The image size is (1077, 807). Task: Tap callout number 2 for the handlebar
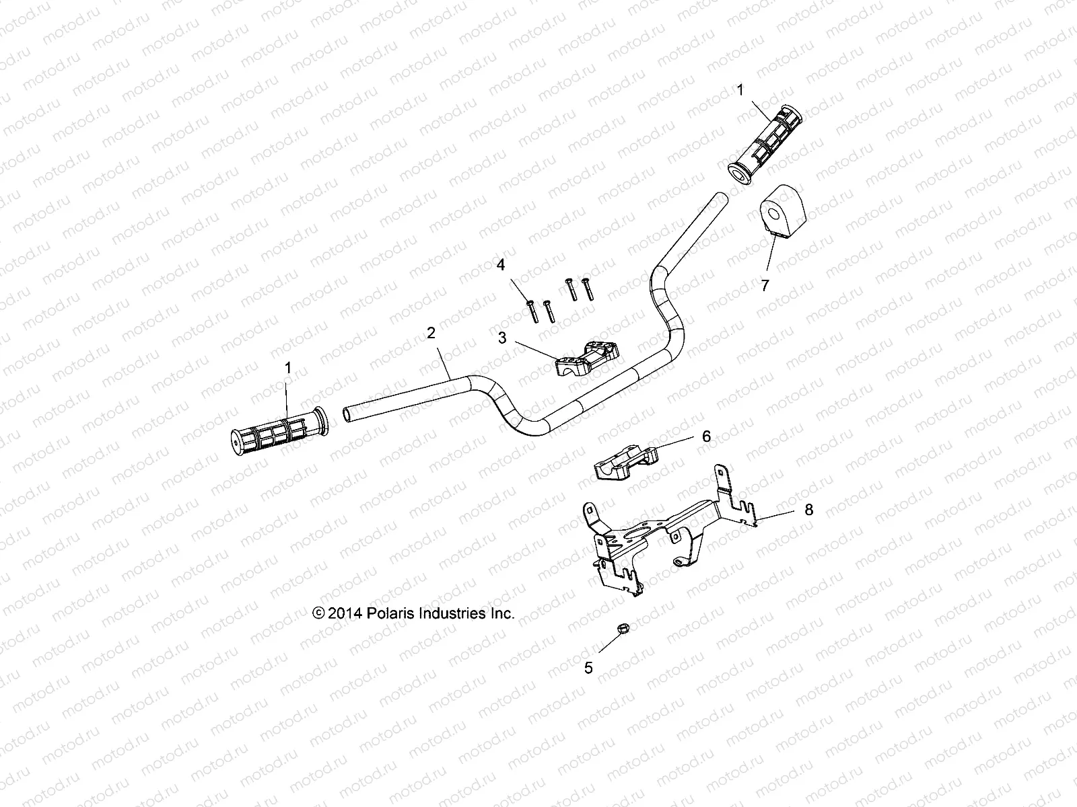click(x=431, y=333)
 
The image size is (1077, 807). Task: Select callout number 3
click(x=502, y=338)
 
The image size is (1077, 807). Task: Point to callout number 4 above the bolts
click(x=501, y=265)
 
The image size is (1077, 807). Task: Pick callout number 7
click(x=765, y=284)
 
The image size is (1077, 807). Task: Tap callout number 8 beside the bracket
click(x=790, y=510)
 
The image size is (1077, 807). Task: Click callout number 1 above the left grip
click(x=289, y=368)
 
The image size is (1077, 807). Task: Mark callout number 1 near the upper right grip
click(x=740, y=89)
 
